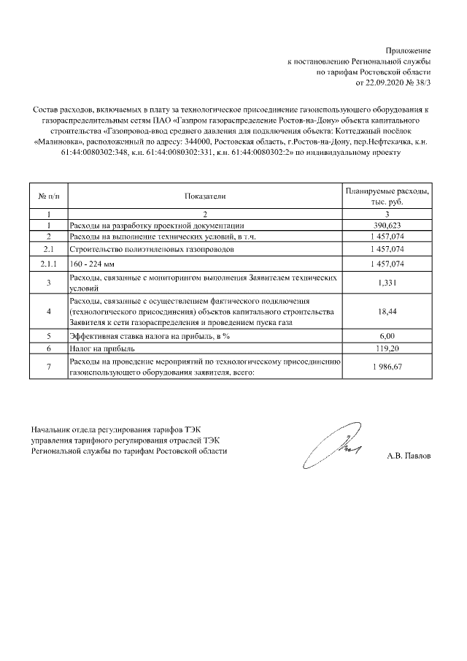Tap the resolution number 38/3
(x=422, y=83)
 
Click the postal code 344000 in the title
(x=194, y=142)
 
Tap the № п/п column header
(x=48, y=196)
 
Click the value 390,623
(x=387, y=226)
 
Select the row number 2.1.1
(x=48, y=263)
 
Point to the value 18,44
(x=387, y=312)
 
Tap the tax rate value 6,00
(x=387, y=336)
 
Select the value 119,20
(x=387, y=349)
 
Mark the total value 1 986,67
(x=387, y=367)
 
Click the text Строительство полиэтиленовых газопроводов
(x=152, y=249)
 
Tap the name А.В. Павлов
(x=409, y=456)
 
